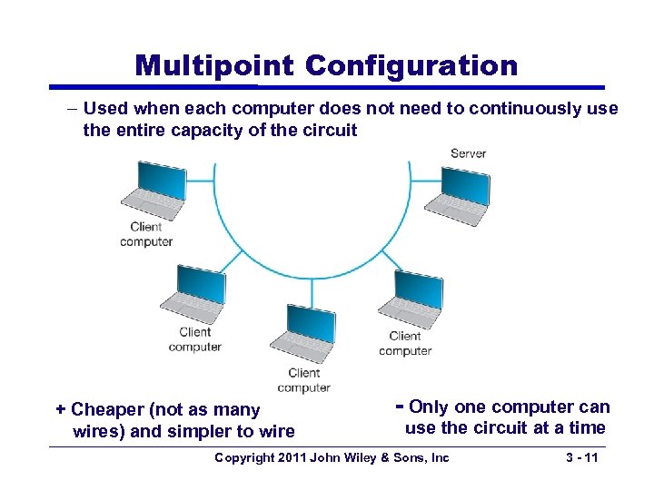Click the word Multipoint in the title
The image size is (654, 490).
click(x=214, y=66)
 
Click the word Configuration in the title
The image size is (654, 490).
click(x=411, y=66)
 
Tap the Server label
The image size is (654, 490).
click(x=468, y=153)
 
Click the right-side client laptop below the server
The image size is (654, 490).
click(x=408, y=300)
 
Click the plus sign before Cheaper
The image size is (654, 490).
click(x=61, y=409)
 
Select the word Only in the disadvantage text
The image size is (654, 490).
click(x=428, y=407)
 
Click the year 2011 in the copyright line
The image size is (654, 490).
click(x=290, y=457)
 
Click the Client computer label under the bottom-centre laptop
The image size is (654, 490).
click(x=303, y=380)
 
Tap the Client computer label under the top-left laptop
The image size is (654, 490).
click(x=146, y=234)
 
